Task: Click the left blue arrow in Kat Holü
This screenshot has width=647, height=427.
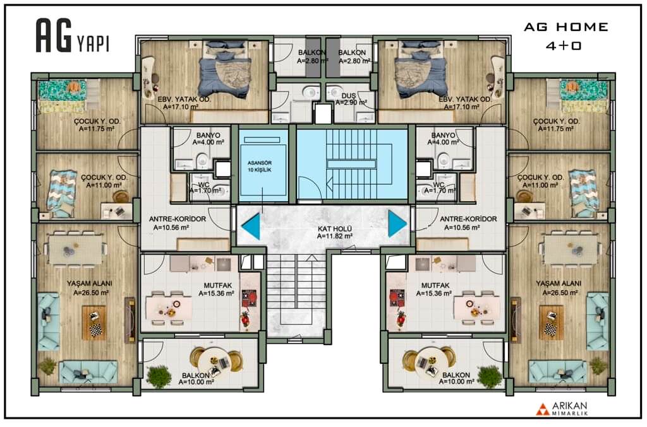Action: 252,226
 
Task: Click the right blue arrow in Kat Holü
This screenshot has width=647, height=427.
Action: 397,223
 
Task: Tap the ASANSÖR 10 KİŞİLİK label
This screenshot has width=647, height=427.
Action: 260,167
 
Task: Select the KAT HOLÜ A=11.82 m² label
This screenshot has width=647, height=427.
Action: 335,233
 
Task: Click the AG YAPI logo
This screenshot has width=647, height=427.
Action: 73,36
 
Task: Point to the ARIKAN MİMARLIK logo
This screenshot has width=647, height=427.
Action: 562,409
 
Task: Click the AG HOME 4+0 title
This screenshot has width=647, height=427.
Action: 565,36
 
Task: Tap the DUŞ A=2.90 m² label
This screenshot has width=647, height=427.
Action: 351,99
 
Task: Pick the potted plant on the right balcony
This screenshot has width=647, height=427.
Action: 489,376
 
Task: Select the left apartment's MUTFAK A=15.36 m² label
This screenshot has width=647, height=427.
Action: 217,290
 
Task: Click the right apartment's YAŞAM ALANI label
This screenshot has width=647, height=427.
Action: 559,283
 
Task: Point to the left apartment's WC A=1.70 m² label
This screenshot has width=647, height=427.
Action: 205,188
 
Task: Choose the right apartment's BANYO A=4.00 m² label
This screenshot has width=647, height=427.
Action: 443,139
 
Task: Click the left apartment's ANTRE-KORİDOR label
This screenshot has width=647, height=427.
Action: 178,219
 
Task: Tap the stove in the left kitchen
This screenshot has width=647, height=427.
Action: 249,298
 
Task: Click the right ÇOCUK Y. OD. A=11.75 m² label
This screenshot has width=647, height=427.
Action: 556,125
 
